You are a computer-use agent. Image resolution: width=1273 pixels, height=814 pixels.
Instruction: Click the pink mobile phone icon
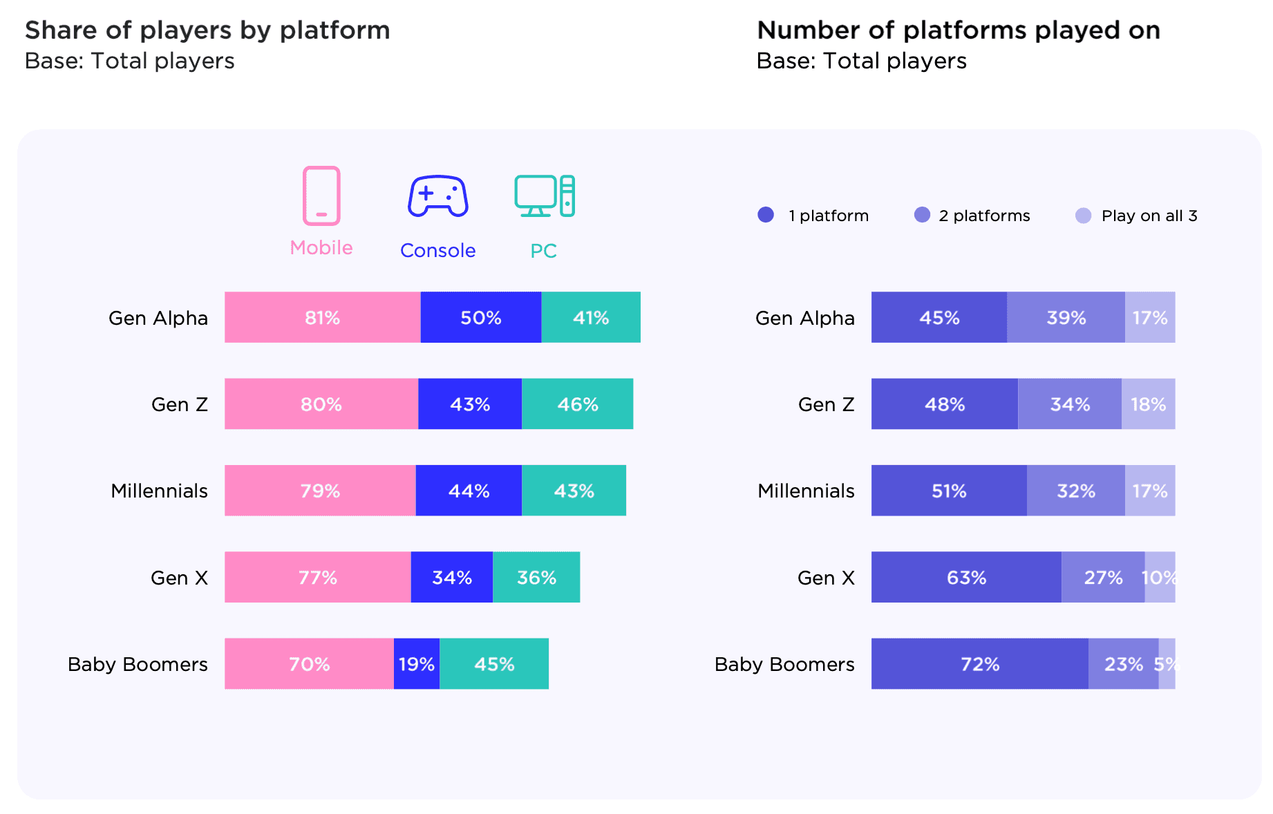tap(321, 196)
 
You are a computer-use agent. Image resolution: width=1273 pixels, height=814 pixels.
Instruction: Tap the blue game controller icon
tap(437, 196)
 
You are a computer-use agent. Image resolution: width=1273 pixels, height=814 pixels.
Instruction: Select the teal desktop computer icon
tap(545, 196)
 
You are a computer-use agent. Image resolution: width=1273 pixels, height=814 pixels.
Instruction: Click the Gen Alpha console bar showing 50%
tap(480, 317)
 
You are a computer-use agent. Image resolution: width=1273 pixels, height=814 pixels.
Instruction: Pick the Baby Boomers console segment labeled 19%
tap(416, 664)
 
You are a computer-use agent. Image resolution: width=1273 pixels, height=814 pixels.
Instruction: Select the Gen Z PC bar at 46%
tap(577, 404)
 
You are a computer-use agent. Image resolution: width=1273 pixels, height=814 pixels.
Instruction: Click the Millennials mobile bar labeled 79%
tap(320, 491)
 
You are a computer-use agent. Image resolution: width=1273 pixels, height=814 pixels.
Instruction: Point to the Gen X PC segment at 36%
tap(536, 578)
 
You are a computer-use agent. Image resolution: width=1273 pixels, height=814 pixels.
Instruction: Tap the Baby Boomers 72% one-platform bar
tap(979, 664)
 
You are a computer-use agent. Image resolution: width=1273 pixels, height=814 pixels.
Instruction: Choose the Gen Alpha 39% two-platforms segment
tap(1066, 317)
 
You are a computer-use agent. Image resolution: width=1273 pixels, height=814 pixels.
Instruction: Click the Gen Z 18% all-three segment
tap(1148, 404)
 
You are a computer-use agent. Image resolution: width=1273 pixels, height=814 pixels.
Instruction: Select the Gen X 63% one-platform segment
tap(966, 578)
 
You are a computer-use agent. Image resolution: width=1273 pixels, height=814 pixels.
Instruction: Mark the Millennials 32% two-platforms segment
tap(1075, 491)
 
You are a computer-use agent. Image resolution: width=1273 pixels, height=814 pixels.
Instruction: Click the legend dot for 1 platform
tap(766, 215)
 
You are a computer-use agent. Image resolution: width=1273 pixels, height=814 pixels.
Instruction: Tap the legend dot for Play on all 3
tap(1083, 216)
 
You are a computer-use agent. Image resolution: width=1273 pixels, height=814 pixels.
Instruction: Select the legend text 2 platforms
tap(984, 216)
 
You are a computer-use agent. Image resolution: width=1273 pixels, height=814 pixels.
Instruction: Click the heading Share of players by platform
tap(207, 30)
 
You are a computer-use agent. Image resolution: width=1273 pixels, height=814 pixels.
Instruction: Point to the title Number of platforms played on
tap(959, 30)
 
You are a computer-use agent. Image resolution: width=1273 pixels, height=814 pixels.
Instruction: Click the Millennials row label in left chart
tap(159, 491)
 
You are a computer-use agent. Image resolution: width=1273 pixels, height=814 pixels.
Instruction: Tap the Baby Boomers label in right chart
tap(784, 664)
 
